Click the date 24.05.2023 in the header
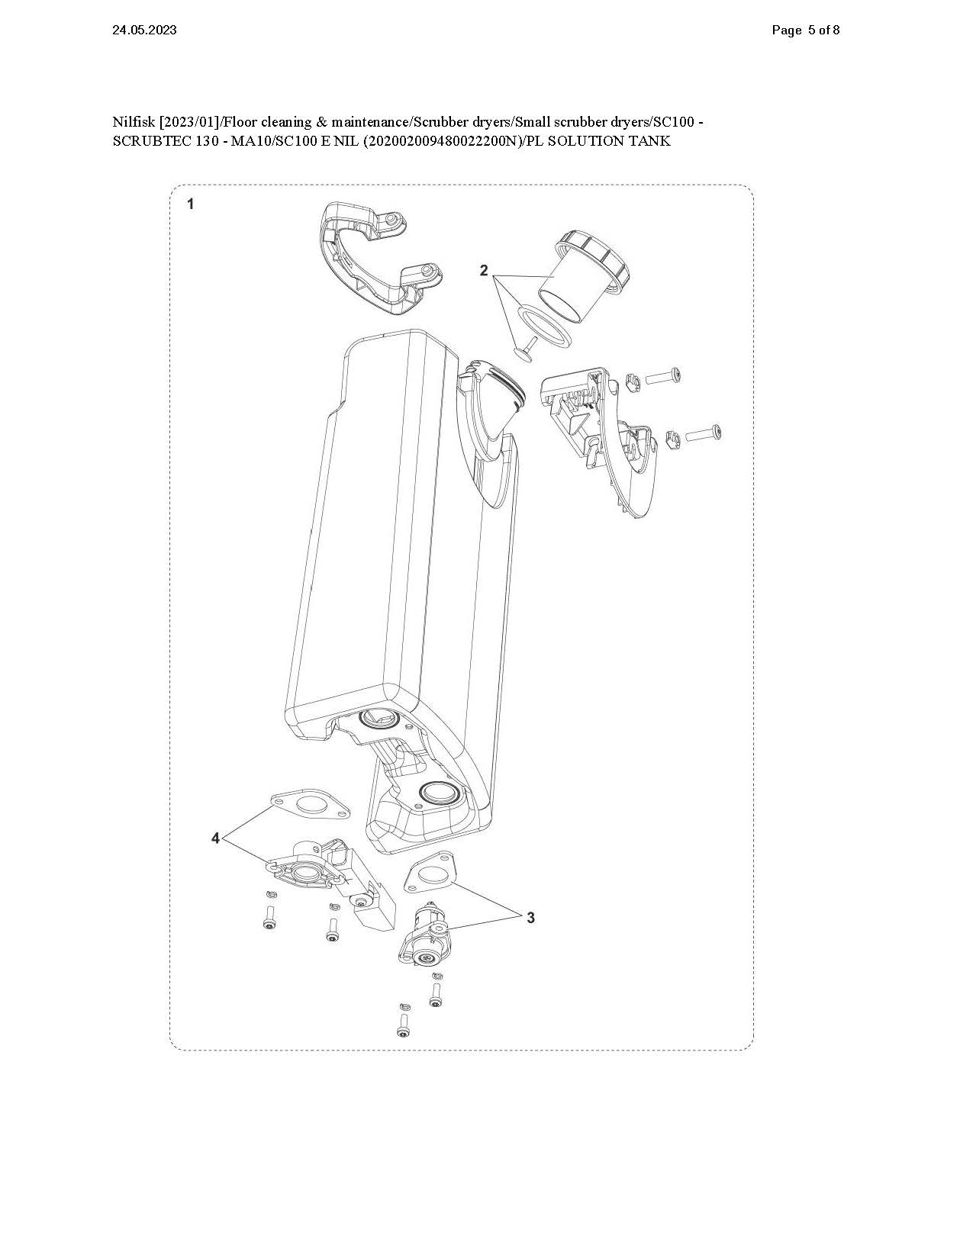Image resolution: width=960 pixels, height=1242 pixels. [x=144, y=31]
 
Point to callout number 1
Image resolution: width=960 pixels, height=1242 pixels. [x=191, y=204]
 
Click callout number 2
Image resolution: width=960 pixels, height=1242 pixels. [x=483, y=270]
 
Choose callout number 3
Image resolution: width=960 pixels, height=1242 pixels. [x=531, y=917]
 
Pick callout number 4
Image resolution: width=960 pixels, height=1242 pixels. [x=216, y=838]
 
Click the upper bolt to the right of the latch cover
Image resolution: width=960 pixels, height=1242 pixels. [x=662, y=375]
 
